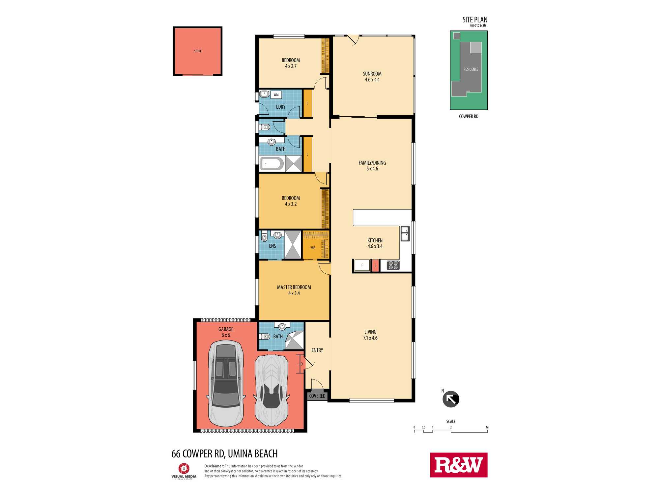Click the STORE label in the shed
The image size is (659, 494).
tap(198, 51)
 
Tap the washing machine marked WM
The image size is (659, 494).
tap(276, 95)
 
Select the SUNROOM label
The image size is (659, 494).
tap(372, 74)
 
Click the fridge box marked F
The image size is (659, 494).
tap(362, 265)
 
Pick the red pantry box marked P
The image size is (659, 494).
tap(375, 266)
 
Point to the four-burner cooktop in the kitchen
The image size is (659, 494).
tap(393, 265)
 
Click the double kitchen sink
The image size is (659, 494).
tap(405, 233)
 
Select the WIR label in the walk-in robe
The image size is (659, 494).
tap(313, 248)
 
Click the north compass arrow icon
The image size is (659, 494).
tap(451, 399)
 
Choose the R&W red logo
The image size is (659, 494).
tap(459, 465)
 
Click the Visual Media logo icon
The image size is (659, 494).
tap(184, 468)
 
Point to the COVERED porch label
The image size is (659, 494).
tap(317, 396)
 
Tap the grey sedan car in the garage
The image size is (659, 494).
tap(226, 384)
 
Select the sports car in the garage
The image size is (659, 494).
tap(272, 390)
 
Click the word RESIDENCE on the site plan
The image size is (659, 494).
tap(471, 69)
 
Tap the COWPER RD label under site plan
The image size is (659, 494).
tap(469, 117)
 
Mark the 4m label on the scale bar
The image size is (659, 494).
tap(487, 427)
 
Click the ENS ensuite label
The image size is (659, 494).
tap(272, 246)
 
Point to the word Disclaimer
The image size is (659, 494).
tap(214, 466)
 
